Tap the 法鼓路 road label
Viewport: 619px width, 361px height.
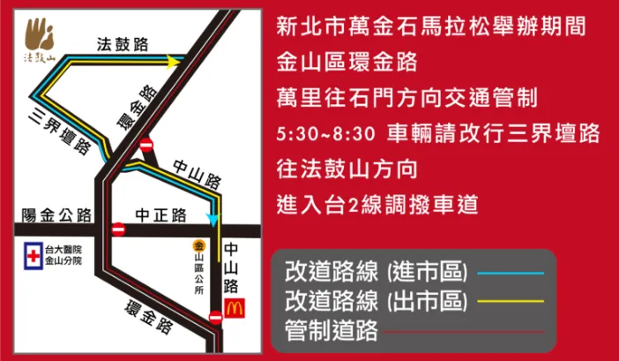121,43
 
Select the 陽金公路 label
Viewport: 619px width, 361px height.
58,214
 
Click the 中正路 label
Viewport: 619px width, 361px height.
160,214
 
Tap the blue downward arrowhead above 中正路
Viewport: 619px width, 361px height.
212,218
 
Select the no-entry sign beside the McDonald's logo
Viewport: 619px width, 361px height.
216,316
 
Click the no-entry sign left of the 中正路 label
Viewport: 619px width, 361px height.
118,229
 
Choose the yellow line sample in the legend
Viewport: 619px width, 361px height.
512,301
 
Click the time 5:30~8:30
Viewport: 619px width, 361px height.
325,133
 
